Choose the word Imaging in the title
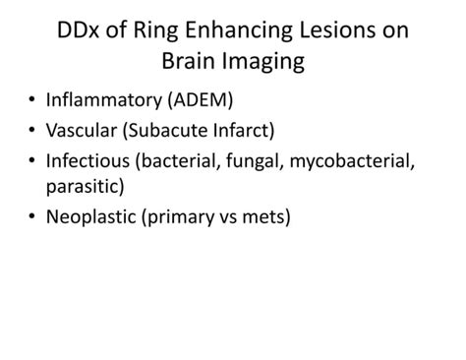click(266, 62)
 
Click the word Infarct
click(260, 130)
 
